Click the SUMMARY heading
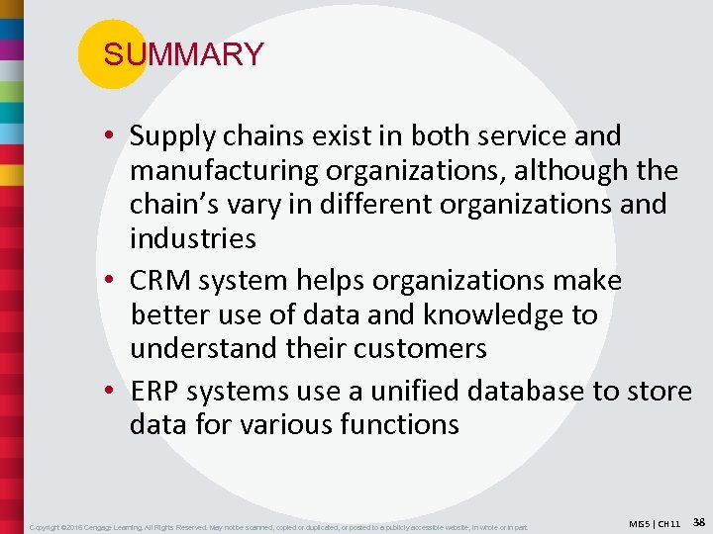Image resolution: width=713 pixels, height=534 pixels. tap(183, 54)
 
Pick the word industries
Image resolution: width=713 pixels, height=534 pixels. tap(192, 238)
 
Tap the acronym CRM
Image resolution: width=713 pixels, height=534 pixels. tap(160, 281)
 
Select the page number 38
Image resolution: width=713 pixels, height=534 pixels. tap(698, 521)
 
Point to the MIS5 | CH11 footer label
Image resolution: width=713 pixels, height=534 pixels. tap(655, 523)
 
